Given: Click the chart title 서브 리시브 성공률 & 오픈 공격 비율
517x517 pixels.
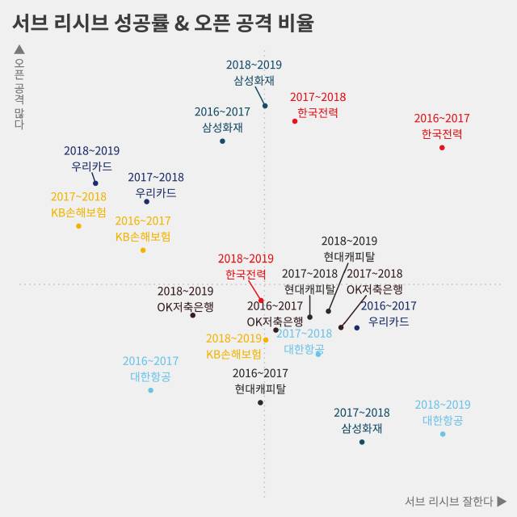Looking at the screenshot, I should pos(162,23).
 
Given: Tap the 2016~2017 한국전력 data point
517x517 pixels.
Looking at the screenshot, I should pos(442,148).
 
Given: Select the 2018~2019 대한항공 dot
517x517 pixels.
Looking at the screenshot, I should pos(443,434).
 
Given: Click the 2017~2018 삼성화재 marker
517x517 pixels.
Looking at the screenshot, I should pos(362,442).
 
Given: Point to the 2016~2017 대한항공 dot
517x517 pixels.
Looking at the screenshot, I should pos(150,390).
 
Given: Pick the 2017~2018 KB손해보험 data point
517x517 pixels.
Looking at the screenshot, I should pos(78,225).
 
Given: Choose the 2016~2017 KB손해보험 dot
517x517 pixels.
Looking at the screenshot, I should pos(143,250).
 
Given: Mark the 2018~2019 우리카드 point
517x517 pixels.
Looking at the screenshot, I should pos(95,183).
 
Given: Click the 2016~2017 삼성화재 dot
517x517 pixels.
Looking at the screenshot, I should pos(222,141).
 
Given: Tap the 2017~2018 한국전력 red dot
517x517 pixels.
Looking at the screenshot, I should pos(295,121).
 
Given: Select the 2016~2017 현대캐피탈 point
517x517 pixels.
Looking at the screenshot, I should pos(260,402).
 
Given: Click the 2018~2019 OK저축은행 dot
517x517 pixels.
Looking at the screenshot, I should pos(192,315).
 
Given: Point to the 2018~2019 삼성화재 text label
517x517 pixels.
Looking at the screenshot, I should pos(254,73).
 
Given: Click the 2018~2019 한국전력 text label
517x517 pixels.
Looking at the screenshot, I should pos(246,267).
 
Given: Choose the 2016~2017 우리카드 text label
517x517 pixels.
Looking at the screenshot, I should pos(389,313).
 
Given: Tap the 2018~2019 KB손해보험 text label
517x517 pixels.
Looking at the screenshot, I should pos(233,347).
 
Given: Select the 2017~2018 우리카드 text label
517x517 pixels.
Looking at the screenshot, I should pos(156,185).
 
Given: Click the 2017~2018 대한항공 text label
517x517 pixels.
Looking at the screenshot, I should pos(304,342).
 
